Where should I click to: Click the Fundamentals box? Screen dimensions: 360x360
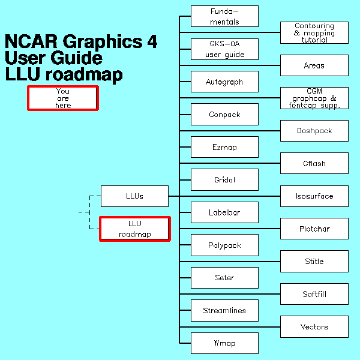tap(224, 16)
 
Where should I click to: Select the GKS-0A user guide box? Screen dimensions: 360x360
tap(224, 49)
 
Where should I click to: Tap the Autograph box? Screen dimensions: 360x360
tap(224, 82)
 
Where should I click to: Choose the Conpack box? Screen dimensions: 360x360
tap(224, 114)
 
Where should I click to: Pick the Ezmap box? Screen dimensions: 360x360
tap(224, 147)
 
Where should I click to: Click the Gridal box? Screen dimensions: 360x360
tap(224, 179)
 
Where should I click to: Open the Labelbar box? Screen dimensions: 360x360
tap(224, 212)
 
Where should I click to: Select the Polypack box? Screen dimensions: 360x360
tap(224, 245)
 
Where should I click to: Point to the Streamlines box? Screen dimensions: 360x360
tap(224, 310)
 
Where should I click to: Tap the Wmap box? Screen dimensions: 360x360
tap(224, 343)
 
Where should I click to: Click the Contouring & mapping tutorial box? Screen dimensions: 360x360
tap(314, 33)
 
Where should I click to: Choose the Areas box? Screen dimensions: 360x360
tap(314, 65)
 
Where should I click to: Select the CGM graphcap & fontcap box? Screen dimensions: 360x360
tap(314, 98)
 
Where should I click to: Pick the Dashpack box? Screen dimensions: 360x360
tap(314, 131)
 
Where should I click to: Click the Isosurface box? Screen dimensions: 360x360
tap(314, 196)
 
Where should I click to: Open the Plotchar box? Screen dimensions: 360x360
tap(314, 229)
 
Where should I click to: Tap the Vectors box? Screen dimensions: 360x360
tap(314, 327)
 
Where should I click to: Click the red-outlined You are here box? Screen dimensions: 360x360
tap(62, 98)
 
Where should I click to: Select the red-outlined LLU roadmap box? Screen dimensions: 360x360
tap(134, 229)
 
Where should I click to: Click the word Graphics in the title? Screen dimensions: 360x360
tap(95, 42)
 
